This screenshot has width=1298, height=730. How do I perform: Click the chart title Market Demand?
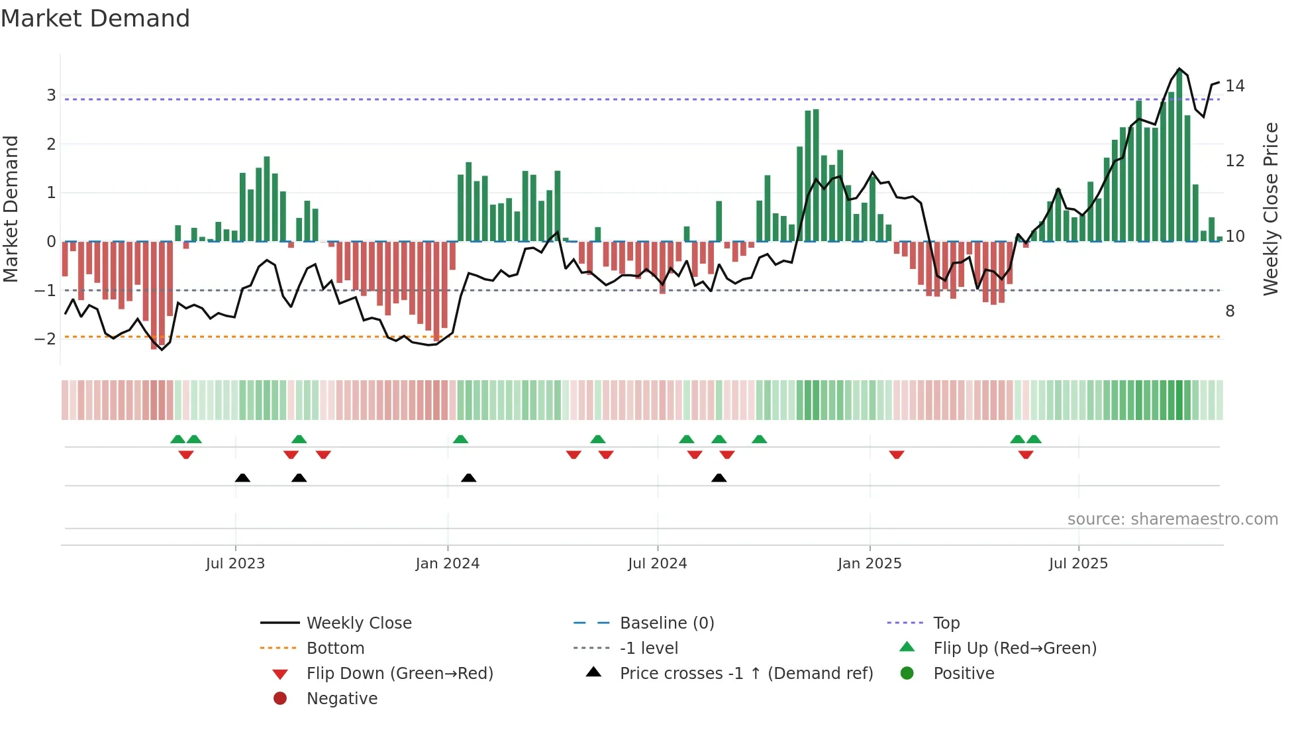click(x=95, y=19)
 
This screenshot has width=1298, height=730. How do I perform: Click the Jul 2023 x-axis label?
click(x=235, y=564)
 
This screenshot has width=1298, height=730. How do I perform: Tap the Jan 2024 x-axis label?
click(x=448, y=564)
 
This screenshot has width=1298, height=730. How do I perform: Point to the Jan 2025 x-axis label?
click(x=870, y=564)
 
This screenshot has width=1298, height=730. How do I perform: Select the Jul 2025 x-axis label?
click(x=1078, y=564)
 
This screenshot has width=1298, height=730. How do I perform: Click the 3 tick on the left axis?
click(x=51, y=95)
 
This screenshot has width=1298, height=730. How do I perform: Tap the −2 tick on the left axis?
click(x=46, y=339)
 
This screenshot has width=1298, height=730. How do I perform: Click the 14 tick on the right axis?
click(x=1234, y=86)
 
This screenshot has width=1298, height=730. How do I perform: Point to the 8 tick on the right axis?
click(x=1230, y=311)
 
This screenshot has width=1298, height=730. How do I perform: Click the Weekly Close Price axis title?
click(x=1270, y=209)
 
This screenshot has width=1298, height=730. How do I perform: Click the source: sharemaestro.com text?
click(x=1172, y=519)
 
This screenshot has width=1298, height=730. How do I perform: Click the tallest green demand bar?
click(x=1179, y=156)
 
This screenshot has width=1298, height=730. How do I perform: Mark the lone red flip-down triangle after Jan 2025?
click(x=897, y=454)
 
